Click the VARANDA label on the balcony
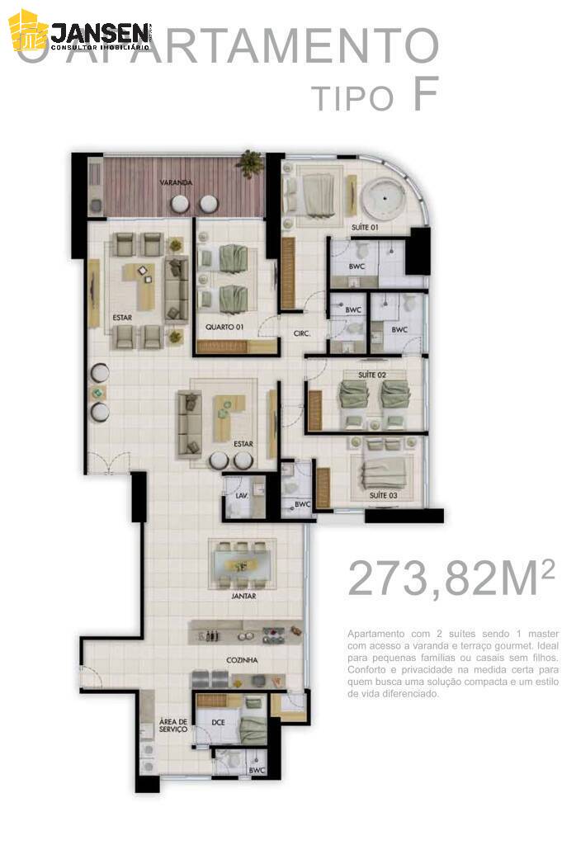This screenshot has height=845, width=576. coord(177,182)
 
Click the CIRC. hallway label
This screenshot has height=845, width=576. coord(302,334)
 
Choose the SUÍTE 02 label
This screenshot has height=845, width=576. coord(372,375)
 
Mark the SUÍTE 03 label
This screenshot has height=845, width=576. coord(384,495)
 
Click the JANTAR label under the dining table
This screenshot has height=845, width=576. coord(243,595)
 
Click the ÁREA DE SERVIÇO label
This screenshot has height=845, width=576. coord(172,726)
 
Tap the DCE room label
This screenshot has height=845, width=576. coord(218,723)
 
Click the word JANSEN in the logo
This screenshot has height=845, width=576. coord(100,32)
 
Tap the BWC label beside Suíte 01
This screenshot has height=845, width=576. coord(356,267)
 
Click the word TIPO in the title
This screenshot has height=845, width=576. coord(352,99)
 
